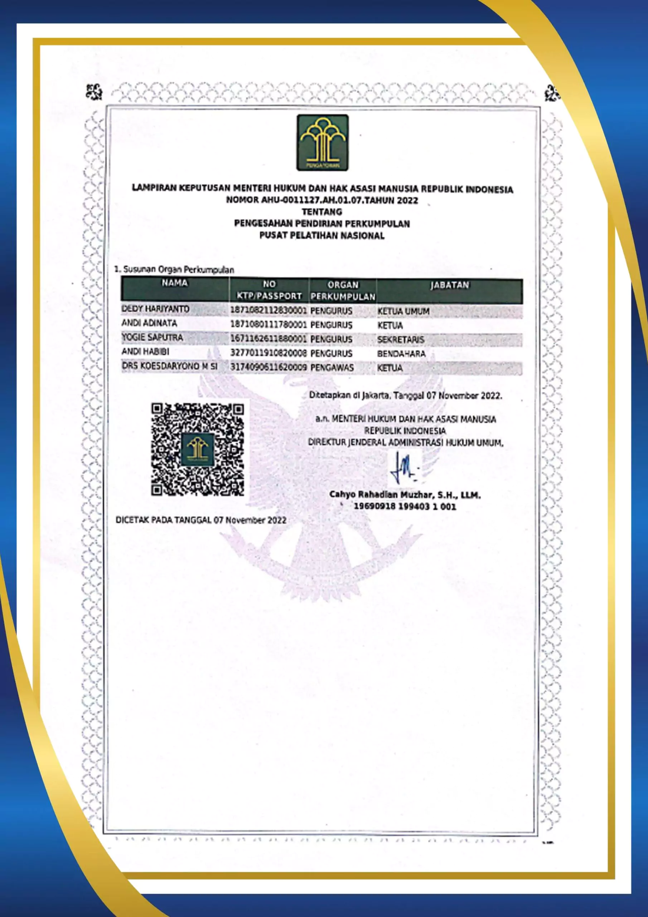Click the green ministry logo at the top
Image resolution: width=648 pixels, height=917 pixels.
(x=322, y=143)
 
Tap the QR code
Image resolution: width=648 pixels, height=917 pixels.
(x=198, y=449)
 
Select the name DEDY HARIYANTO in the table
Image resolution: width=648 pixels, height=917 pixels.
(x=156, y=309)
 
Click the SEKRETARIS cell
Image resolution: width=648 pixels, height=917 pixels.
(x=401, y=340)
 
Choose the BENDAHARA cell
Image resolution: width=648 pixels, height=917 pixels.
(x=401, y=354)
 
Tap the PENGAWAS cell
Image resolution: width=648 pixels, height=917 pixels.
(x=332, y=368)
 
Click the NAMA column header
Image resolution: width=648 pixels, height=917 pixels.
(x=174, y=283)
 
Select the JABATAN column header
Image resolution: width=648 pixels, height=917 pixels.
(x=449, y=285)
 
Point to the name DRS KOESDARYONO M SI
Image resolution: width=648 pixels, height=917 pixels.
(x=170, y=366)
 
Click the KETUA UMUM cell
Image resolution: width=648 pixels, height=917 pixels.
(x=403, y=311)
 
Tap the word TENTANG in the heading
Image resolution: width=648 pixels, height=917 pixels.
(x=322, y=212)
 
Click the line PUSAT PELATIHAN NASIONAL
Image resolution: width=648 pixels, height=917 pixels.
(x=322, y=236)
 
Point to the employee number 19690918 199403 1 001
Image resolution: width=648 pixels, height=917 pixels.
(x=405, y=506)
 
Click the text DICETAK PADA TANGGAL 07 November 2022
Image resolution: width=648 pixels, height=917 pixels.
(x=201, y=520)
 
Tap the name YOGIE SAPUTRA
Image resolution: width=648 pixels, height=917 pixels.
(x=152, y=337)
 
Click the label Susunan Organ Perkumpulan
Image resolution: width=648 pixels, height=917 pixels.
(x=178, y=270)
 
